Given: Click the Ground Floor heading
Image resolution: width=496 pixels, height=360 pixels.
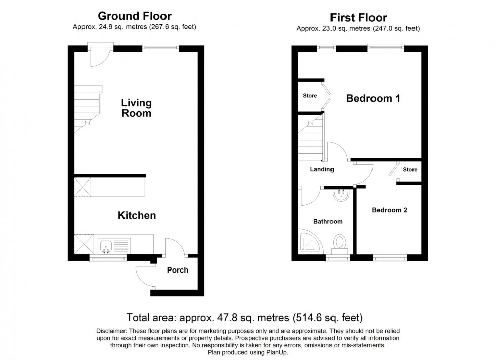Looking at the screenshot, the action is click(135, 16).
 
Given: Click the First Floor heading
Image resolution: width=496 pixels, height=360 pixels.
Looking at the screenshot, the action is click(358, 17).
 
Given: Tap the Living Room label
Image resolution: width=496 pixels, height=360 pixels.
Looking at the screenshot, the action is click(137, 108).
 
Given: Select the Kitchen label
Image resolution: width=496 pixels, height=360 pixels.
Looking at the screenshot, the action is click(137, 215).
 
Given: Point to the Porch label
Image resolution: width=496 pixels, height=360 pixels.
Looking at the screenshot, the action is click(178, 270).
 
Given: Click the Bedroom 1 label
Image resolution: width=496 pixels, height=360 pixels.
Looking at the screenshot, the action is click(374, 98).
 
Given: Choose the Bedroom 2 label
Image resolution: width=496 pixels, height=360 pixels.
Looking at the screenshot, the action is click(389, 210).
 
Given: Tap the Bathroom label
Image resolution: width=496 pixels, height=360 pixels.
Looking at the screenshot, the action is click(328, 221).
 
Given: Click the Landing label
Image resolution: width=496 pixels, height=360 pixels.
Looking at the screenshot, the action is click(322, 169).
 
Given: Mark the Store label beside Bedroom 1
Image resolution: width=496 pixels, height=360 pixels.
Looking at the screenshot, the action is click(310, 96).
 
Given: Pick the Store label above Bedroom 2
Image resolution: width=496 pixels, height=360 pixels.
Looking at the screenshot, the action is click(410, 170).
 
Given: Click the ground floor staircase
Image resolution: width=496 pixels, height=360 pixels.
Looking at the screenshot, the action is click(88, 109).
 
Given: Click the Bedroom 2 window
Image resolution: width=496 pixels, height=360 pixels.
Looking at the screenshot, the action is click(390, 258).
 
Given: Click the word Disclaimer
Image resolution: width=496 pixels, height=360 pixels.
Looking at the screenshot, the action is click(111, 331).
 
